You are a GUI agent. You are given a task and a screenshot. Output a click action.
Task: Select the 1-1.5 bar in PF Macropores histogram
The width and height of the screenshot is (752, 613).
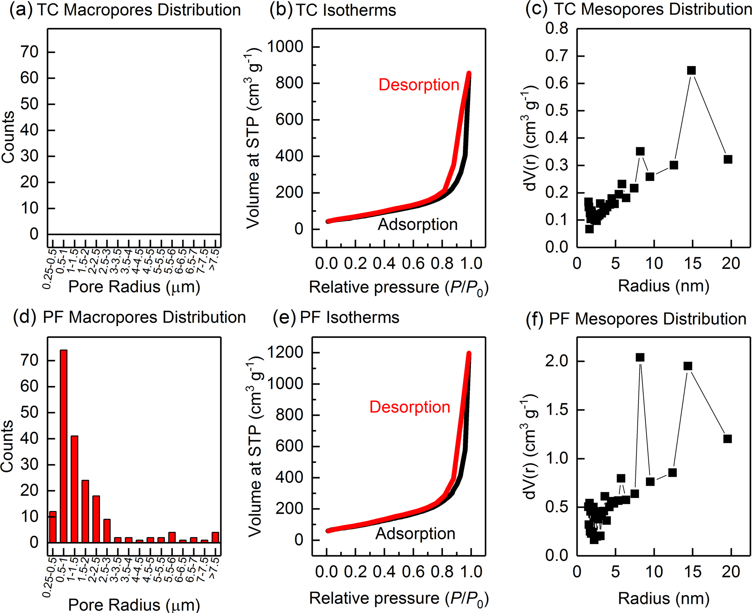[x=74, y=489]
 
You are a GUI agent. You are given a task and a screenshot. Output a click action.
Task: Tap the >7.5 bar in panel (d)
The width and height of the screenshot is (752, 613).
[x=215, y=537]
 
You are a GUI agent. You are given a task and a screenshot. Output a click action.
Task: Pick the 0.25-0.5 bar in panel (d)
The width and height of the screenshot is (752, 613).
[x=53, y=527]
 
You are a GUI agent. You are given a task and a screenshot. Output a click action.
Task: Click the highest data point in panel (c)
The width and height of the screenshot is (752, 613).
[x=691, y=71]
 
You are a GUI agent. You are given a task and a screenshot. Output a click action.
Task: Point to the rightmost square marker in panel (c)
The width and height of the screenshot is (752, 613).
[x=728, y=159]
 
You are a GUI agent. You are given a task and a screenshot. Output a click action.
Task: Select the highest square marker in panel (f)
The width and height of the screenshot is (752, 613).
[x=640, y=357]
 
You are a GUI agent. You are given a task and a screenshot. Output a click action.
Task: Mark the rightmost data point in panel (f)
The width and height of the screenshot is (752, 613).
[x=727, y=439]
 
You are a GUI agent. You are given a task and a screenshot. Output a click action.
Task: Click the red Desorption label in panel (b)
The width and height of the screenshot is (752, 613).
[x=419, y=85]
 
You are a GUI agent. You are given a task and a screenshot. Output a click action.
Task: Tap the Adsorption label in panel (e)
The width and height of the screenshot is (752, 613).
[x=415, y=533]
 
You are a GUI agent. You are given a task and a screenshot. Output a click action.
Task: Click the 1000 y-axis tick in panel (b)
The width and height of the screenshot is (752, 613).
[x=285, y=47]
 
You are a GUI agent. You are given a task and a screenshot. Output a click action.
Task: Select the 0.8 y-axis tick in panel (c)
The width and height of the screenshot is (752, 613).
[x=556, y=29]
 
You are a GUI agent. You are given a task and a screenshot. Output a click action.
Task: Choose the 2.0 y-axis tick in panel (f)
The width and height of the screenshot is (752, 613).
[x=556, y=361]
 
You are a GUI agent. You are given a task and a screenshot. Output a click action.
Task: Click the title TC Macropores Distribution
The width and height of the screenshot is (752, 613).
[x=139, y=10]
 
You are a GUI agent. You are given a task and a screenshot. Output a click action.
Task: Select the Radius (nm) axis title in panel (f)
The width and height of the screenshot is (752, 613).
[x=664, y=598]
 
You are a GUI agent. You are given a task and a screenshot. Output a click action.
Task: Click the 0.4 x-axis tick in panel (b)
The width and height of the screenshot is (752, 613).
[x=384, y=263]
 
